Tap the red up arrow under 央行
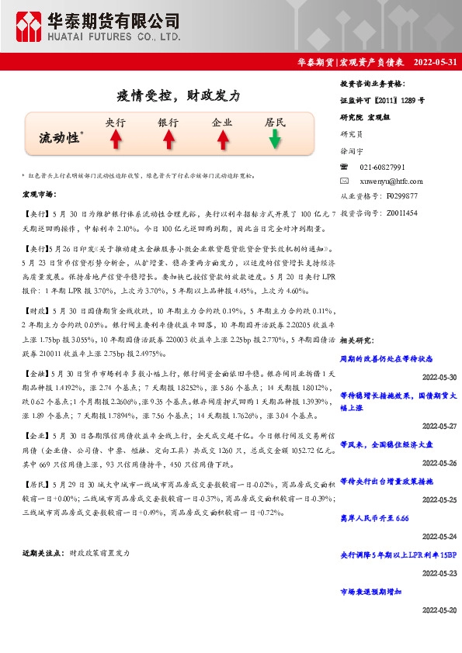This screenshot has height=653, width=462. pyautogui.click(x=115, y=140)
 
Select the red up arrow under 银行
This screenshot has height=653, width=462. pyautogui.click(x=168, y=140)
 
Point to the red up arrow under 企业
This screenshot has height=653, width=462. pyautogui.click(x=222, y=140)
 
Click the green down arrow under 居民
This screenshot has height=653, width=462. pyautogui.click(x=275, y=140)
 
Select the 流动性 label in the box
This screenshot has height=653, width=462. pyautogui.click(x=60, y=137)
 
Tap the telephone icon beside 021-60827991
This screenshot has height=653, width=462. pyautogui.click(x=345, y=167)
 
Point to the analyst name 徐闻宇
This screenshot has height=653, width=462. pyautogui.click(x=352, y=153)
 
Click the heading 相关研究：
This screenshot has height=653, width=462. pyautogui.click(x=359, y=340)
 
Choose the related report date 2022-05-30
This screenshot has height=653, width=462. pyautogui.click(x=439, y=377)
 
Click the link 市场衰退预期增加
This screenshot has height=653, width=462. pyautogui.click(x=371, y=592)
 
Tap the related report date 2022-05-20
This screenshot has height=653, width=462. pyautogui.click(x=439, y=610)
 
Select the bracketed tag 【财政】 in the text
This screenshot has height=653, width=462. pyautogui.click(x=36, y=309)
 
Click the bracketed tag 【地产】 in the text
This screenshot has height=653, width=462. pyautogui.click(x=36, y=482)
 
